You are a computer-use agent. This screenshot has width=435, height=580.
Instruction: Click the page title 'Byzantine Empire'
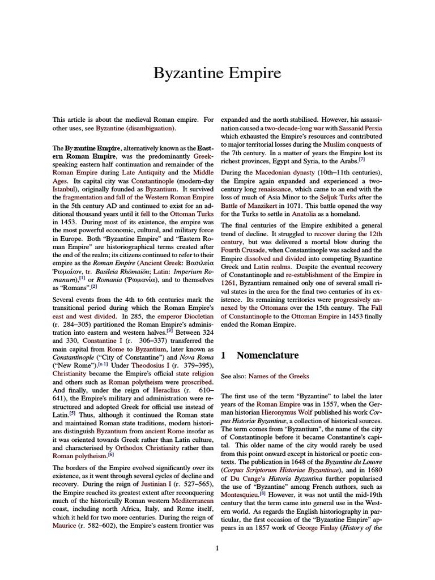click(x=217, y=74)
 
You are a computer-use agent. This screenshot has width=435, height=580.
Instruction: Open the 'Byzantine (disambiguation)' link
click(x=135, y=129)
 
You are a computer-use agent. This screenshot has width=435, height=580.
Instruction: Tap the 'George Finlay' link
click(x=315, y=528)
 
